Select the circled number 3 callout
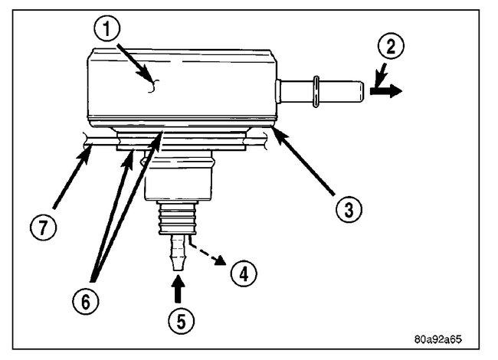(349, 208)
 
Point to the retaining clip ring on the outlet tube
(316, 90)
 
